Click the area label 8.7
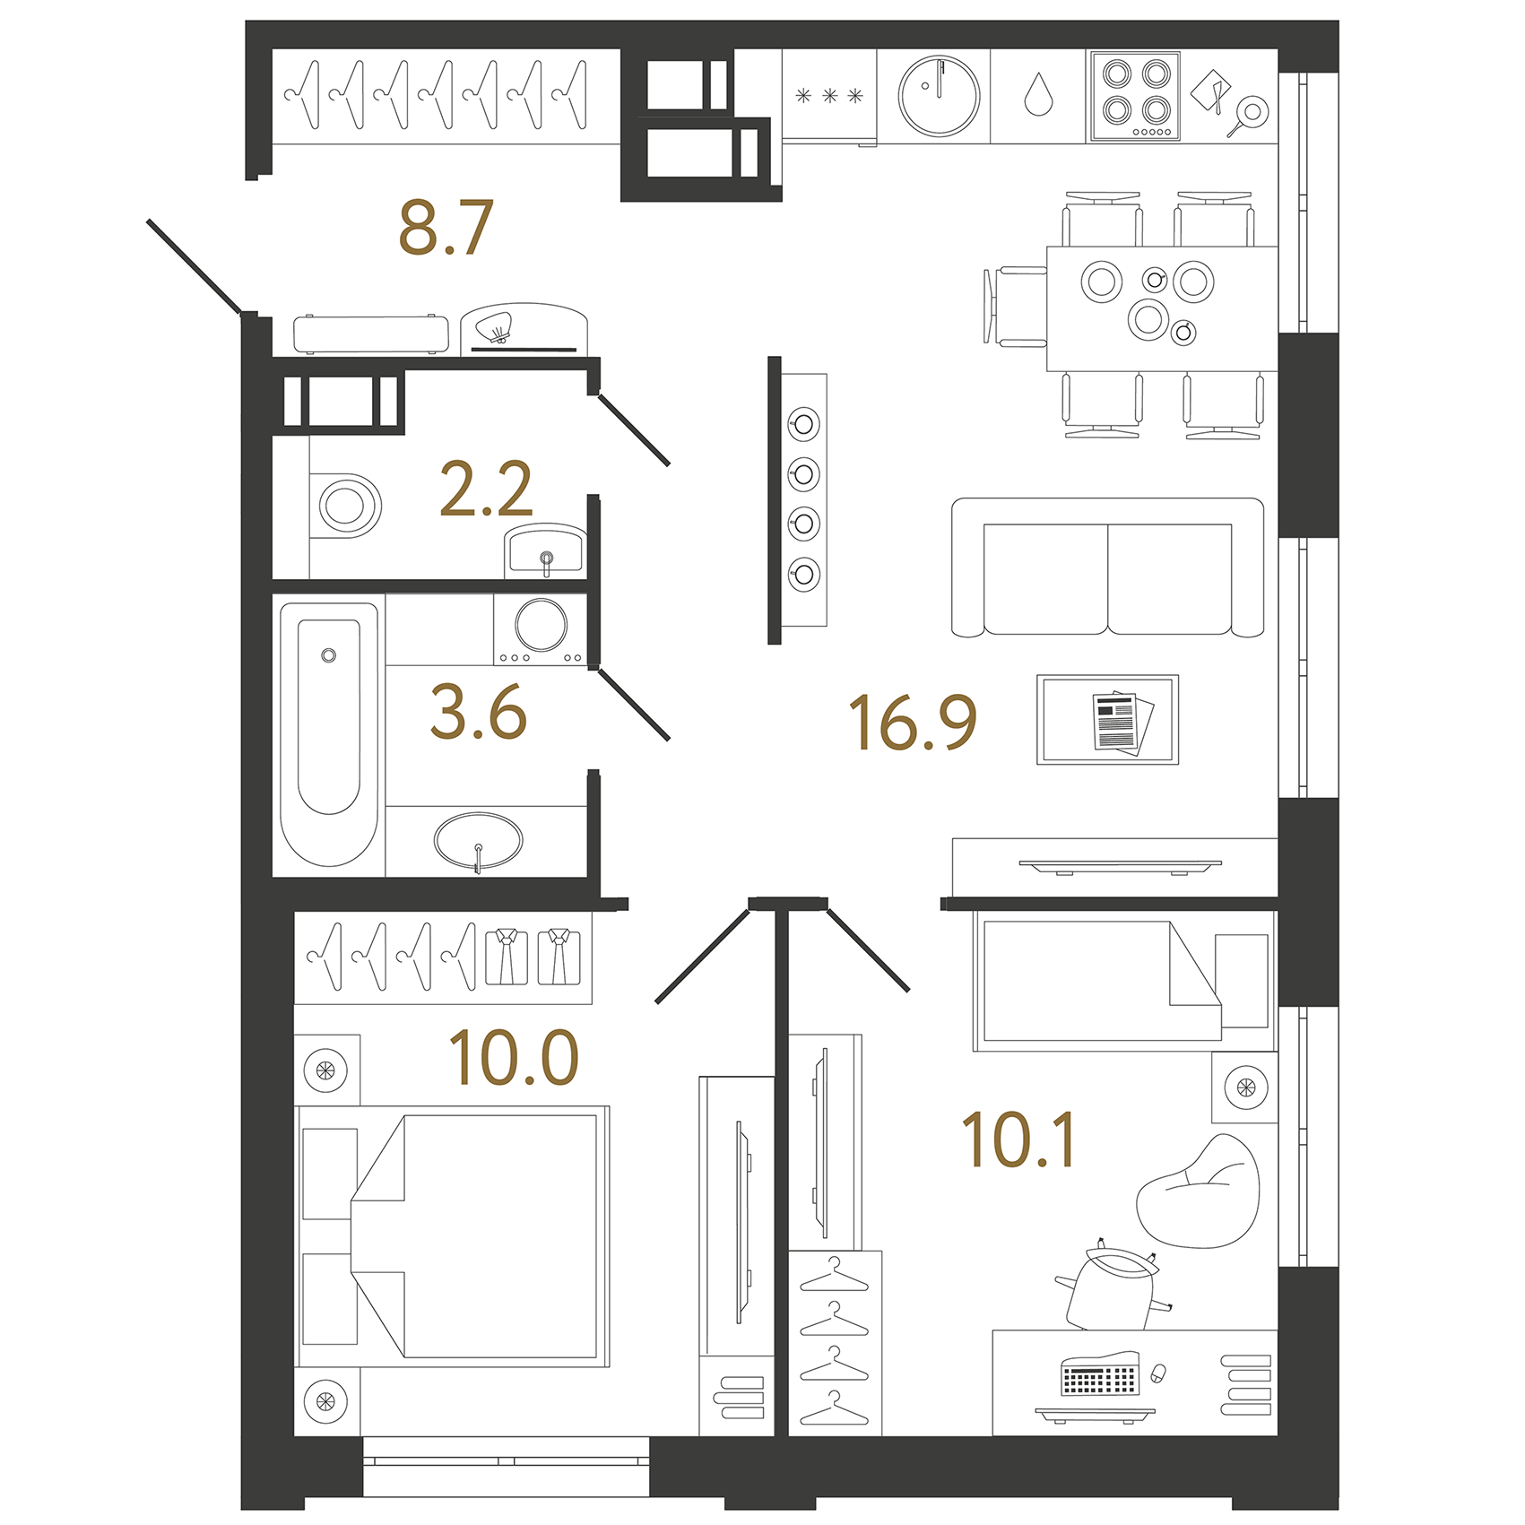[446, 228]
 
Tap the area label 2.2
[486, 490]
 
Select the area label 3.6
[478, 713]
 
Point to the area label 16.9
[912, 723]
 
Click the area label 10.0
[514, 1058]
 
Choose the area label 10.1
[1018, 1140]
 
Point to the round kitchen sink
[939, 96]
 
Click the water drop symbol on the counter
[1038, 95]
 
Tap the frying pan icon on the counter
[1248, 115]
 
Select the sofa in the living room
[1107, 568]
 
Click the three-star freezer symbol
[829, 96]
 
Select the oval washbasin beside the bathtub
[478, 841]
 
